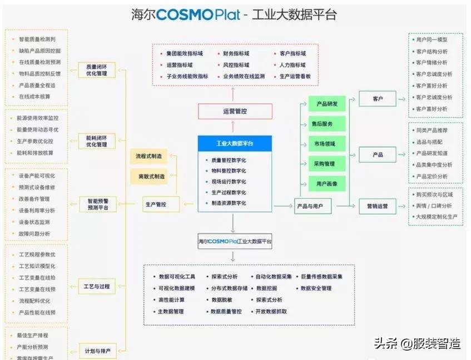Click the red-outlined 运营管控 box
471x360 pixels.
(235, 111)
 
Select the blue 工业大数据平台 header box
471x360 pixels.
(235, 143)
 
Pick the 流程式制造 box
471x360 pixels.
(151, 157)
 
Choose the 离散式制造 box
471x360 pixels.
(151, 177)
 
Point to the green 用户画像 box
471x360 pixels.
(328, 184)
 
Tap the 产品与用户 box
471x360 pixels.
(313, 206)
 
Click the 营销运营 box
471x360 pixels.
(378, 206)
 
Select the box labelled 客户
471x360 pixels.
(378, 99)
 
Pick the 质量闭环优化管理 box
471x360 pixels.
(97, 69)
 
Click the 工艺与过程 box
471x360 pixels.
(97, 287)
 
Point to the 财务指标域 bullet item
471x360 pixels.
(236, 54)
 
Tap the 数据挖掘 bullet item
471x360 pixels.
(267, 288)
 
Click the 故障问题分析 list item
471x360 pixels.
(34, 234)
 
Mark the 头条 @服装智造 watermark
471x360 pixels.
(417, 344)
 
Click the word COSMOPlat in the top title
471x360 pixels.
(197, 15)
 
